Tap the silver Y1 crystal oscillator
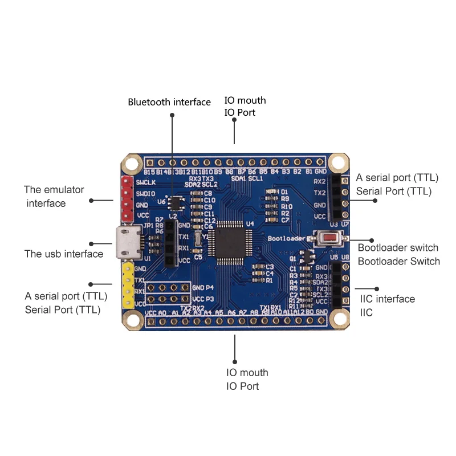click(198, 238)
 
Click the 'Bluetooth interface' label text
click(169, 102)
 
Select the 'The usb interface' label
click(64, 254)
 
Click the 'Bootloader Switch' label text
click(399, 261)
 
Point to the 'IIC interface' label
click(388, 299)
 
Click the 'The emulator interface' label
click(54, 196)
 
